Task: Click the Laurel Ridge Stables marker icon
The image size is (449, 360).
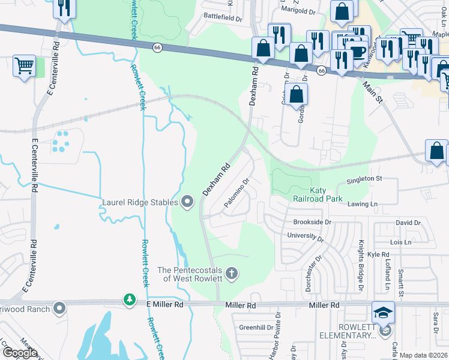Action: [x=187, y=202]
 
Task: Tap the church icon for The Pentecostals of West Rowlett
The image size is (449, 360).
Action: [x=232, y=274]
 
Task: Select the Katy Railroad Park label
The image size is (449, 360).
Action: [x=318, y=194]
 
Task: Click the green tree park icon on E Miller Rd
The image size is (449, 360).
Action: [x=129, y=299]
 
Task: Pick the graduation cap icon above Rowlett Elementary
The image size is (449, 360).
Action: [x=383, y=313]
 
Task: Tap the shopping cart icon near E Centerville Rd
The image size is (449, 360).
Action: [x=24, y=66]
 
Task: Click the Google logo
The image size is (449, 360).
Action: [x=20, y=353]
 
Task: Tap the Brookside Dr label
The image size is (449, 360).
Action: [x=312, y=222]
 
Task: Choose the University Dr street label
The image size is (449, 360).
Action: [x=306, y=236]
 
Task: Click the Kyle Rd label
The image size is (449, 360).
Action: [x=378, y=255]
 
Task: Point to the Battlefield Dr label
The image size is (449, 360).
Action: [x=223, y=16]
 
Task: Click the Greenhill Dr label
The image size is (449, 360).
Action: [x=256, y=328]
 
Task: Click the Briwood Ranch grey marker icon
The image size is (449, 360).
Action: [x=59, y=308]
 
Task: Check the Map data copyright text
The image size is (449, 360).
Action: [x=423, y=355]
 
